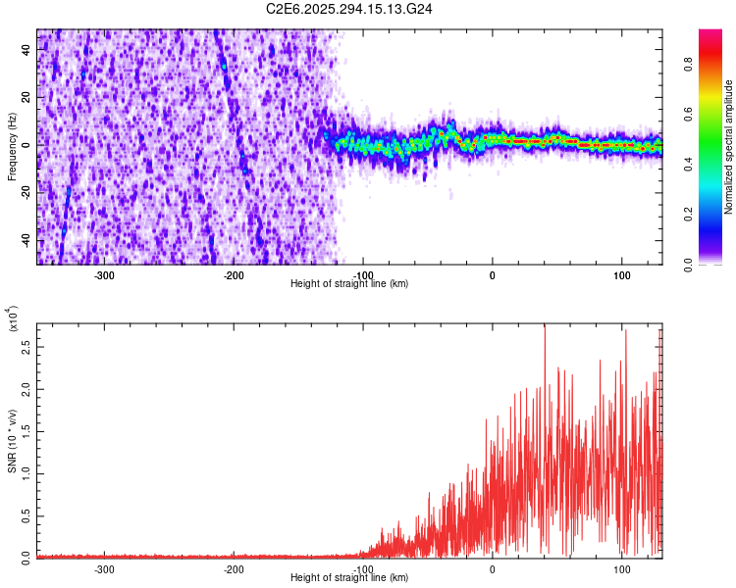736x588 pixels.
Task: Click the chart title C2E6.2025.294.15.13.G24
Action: point(350,9)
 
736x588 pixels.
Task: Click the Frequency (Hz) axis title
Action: point(13,147)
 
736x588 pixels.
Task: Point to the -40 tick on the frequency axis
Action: point(25,240)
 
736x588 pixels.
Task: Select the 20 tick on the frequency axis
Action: point(26,98)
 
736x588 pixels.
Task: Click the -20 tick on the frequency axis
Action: point(25,193)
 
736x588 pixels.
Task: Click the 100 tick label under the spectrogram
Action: point(621,275)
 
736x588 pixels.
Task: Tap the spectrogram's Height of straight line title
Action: point(349,283)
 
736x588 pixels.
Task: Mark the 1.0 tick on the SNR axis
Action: point(26,472)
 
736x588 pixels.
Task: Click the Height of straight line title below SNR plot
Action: point(349,577)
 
